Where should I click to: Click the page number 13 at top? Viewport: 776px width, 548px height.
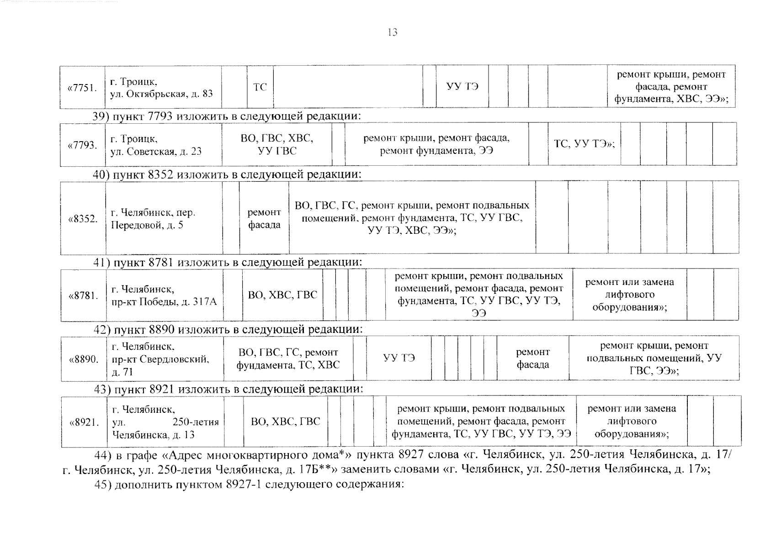point(392,32)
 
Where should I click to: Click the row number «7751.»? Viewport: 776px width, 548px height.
point(82,88)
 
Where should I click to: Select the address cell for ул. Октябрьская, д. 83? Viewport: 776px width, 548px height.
point(162,88)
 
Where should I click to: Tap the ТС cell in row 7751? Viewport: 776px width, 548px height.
point(260,87)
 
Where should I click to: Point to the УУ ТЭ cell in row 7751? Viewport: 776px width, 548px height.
point(462,87)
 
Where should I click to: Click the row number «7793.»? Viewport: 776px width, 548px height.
point(82,145)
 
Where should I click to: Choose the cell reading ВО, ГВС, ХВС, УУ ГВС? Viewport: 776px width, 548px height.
point(277,144)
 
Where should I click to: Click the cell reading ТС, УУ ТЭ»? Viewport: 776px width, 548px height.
point(584,144)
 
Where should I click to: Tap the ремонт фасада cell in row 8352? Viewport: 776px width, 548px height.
point(264,219)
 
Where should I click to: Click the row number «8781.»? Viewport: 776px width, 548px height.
point(83,295)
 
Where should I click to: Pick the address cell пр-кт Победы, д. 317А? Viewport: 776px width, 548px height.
point(164,295)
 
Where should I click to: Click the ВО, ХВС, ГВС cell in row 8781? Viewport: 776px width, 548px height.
point(282,295)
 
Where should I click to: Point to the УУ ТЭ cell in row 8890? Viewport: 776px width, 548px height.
point(399,358)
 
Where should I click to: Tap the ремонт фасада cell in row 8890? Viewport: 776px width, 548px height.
point(532,358)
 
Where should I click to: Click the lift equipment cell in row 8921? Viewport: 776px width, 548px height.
point(631,421)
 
